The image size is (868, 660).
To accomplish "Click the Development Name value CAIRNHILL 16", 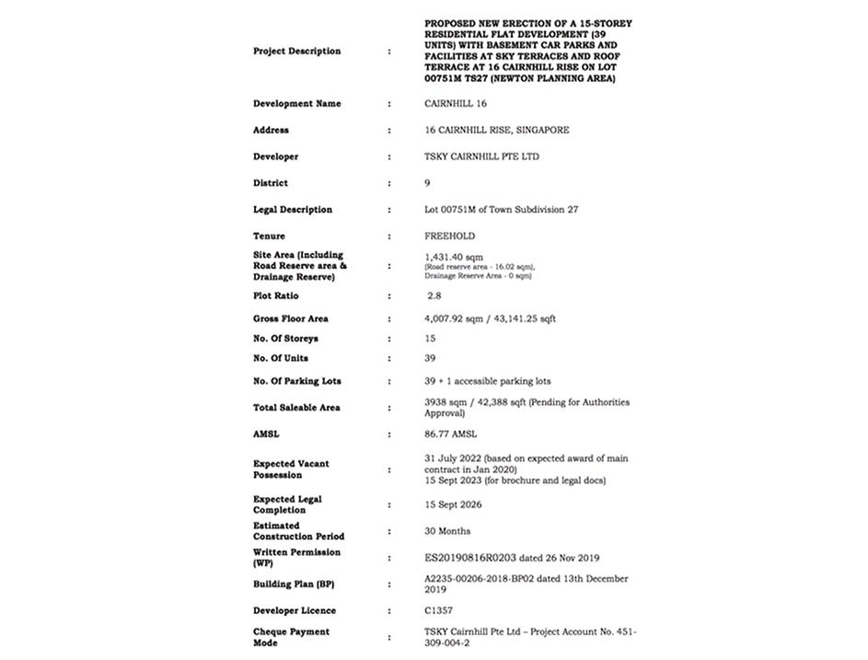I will pos(456,104).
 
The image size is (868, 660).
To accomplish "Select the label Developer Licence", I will pos(295,610).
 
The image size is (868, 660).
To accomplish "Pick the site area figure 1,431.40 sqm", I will pos(449,258).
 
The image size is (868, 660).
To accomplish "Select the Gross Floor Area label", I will pos(291,318).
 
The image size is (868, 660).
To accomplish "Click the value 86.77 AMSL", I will pos(451,434).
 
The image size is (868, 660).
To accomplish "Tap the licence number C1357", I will pos(438,610).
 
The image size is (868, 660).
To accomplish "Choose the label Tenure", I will pos(270,236).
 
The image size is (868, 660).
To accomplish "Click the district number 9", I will pos(427,183).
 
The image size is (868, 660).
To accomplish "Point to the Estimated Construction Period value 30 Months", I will pos(447,531).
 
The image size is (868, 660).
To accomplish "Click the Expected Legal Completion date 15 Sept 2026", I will pos(453,504).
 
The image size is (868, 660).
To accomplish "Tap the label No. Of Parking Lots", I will pos(297,381).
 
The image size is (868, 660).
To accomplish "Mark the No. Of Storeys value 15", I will pos(430,339).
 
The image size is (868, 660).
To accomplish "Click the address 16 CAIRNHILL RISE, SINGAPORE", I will pos(496,130).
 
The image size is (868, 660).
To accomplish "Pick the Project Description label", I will pos(296,52).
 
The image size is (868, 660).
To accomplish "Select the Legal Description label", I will pos(293,210).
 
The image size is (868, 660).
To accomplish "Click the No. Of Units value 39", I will pos(430,358).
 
